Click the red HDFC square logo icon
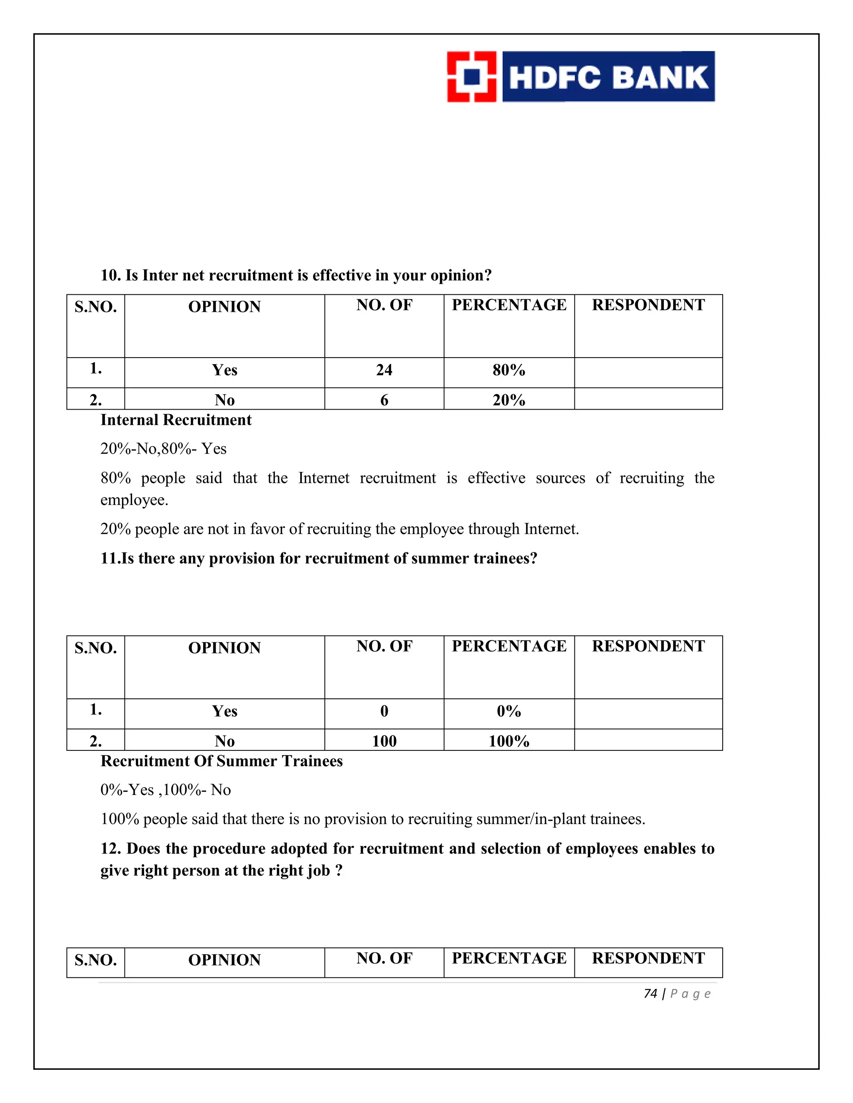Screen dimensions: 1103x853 pos(471,77)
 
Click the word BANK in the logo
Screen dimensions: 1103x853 pos(661,78)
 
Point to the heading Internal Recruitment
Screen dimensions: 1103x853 pos(176,420)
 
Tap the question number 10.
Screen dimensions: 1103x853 pos(110,275)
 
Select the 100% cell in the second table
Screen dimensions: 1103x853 pos(509,741)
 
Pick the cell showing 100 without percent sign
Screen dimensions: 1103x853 pos(384,741)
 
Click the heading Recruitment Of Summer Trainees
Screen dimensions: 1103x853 pos(221,761)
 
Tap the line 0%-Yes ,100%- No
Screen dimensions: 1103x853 pos(165,790)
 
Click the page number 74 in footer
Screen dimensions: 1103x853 pos(650,994)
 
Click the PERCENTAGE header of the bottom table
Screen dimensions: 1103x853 pos(509,958)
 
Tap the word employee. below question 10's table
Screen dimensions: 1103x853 pos(134,500)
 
